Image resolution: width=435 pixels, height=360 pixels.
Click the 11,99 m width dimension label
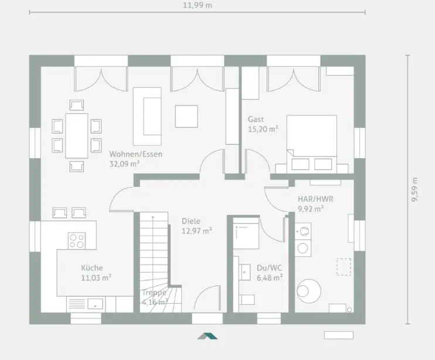pyautogui.click(x=197, y=5)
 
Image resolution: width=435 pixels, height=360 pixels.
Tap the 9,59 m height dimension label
pyautogui.click(x=414, y=189)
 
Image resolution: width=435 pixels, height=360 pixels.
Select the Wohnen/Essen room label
pyautogui.click(x=135, y=154)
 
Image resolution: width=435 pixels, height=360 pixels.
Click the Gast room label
pyautogui.click(x=256, y=119)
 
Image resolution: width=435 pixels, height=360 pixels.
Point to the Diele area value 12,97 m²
pyautogui.click(x=197, y=231)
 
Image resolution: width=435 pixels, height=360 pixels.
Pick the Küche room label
pyautogui.click(x=92, y=268)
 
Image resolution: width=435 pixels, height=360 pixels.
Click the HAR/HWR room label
pyautogui.click(x=315, y=199)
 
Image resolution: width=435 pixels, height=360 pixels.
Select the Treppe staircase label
pyautogui.click(x=154, y=293)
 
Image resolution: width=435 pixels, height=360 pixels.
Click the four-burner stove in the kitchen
pyautogui.click(x=77, y=240)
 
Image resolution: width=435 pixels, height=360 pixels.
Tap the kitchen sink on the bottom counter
pyautogui.click(x=95, y=304)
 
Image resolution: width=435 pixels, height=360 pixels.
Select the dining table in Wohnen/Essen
pyautogui.click(x=77, y=135)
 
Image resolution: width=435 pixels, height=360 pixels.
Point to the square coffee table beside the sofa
pyautogui.click(x=186, y=116)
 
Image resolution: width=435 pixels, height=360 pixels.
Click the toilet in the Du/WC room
pyautogui.click(x=246, y=300)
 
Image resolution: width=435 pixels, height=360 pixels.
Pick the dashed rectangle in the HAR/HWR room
pyautogui.click(x=344, y=267)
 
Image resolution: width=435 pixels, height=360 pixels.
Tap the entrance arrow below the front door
pyautogui.click(x=208, y=335)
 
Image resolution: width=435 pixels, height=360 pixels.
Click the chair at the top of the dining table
pyautogui.click(x=77, y=106)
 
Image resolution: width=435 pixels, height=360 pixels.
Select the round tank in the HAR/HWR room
pyautogui.click(x=309, y=291)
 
